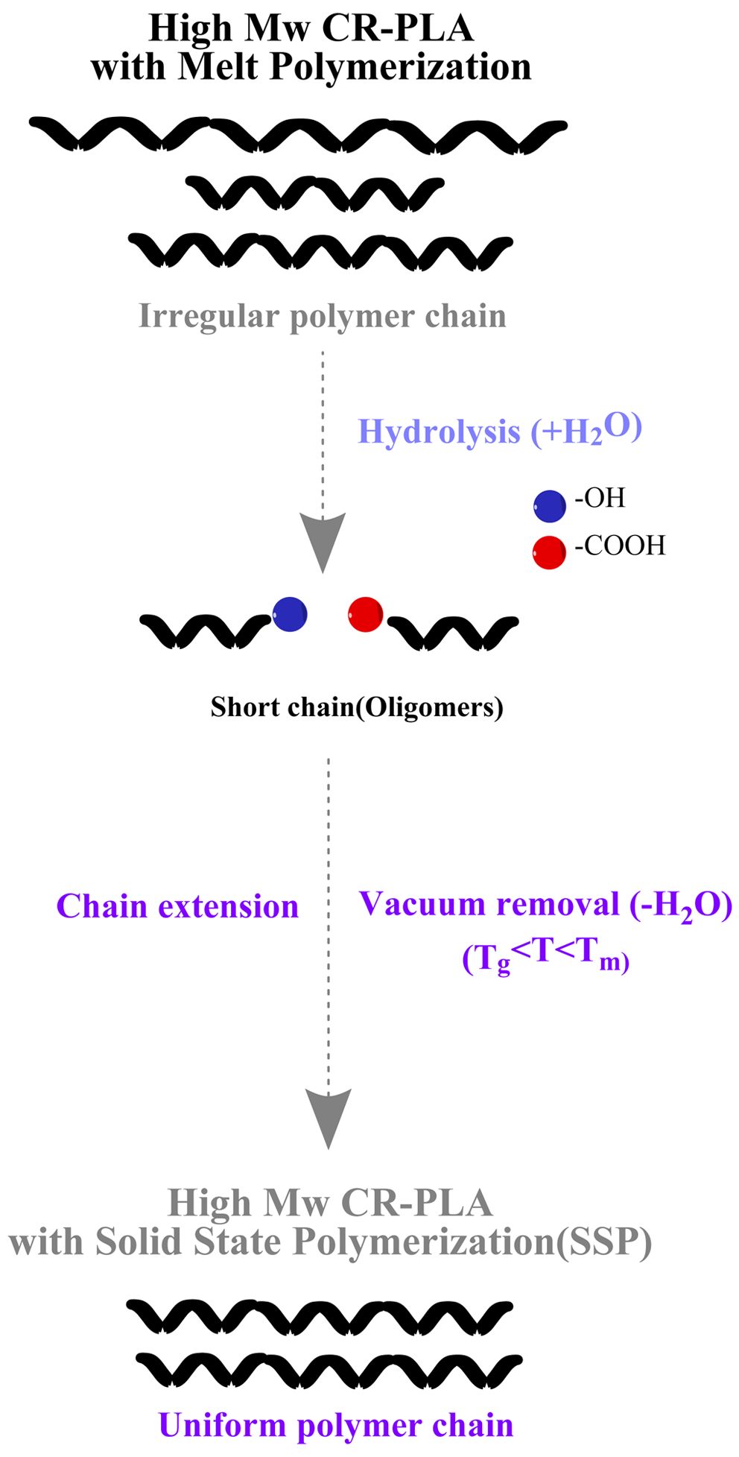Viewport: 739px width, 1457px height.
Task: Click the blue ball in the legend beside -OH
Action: (550, 506)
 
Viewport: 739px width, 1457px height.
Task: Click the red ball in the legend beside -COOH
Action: (550, 553)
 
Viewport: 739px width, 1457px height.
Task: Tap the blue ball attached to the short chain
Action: (290, 614)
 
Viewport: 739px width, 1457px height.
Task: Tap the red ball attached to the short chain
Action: (366, 615)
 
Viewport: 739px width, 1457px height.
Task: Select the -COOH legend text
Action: (620, 546)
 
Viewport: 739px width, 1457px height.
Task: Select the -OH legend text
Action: (600, 498)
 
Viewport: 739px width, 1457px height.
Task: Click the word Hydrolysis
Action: (440, 432)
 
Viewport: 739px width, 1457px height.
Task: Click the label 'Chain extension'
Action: (177, 906)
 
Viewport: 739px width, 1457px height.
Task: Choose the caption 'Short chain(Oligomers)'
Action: (357, 707)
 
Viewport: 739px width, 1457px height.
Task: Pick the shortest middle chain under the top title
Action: (314, 192)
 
